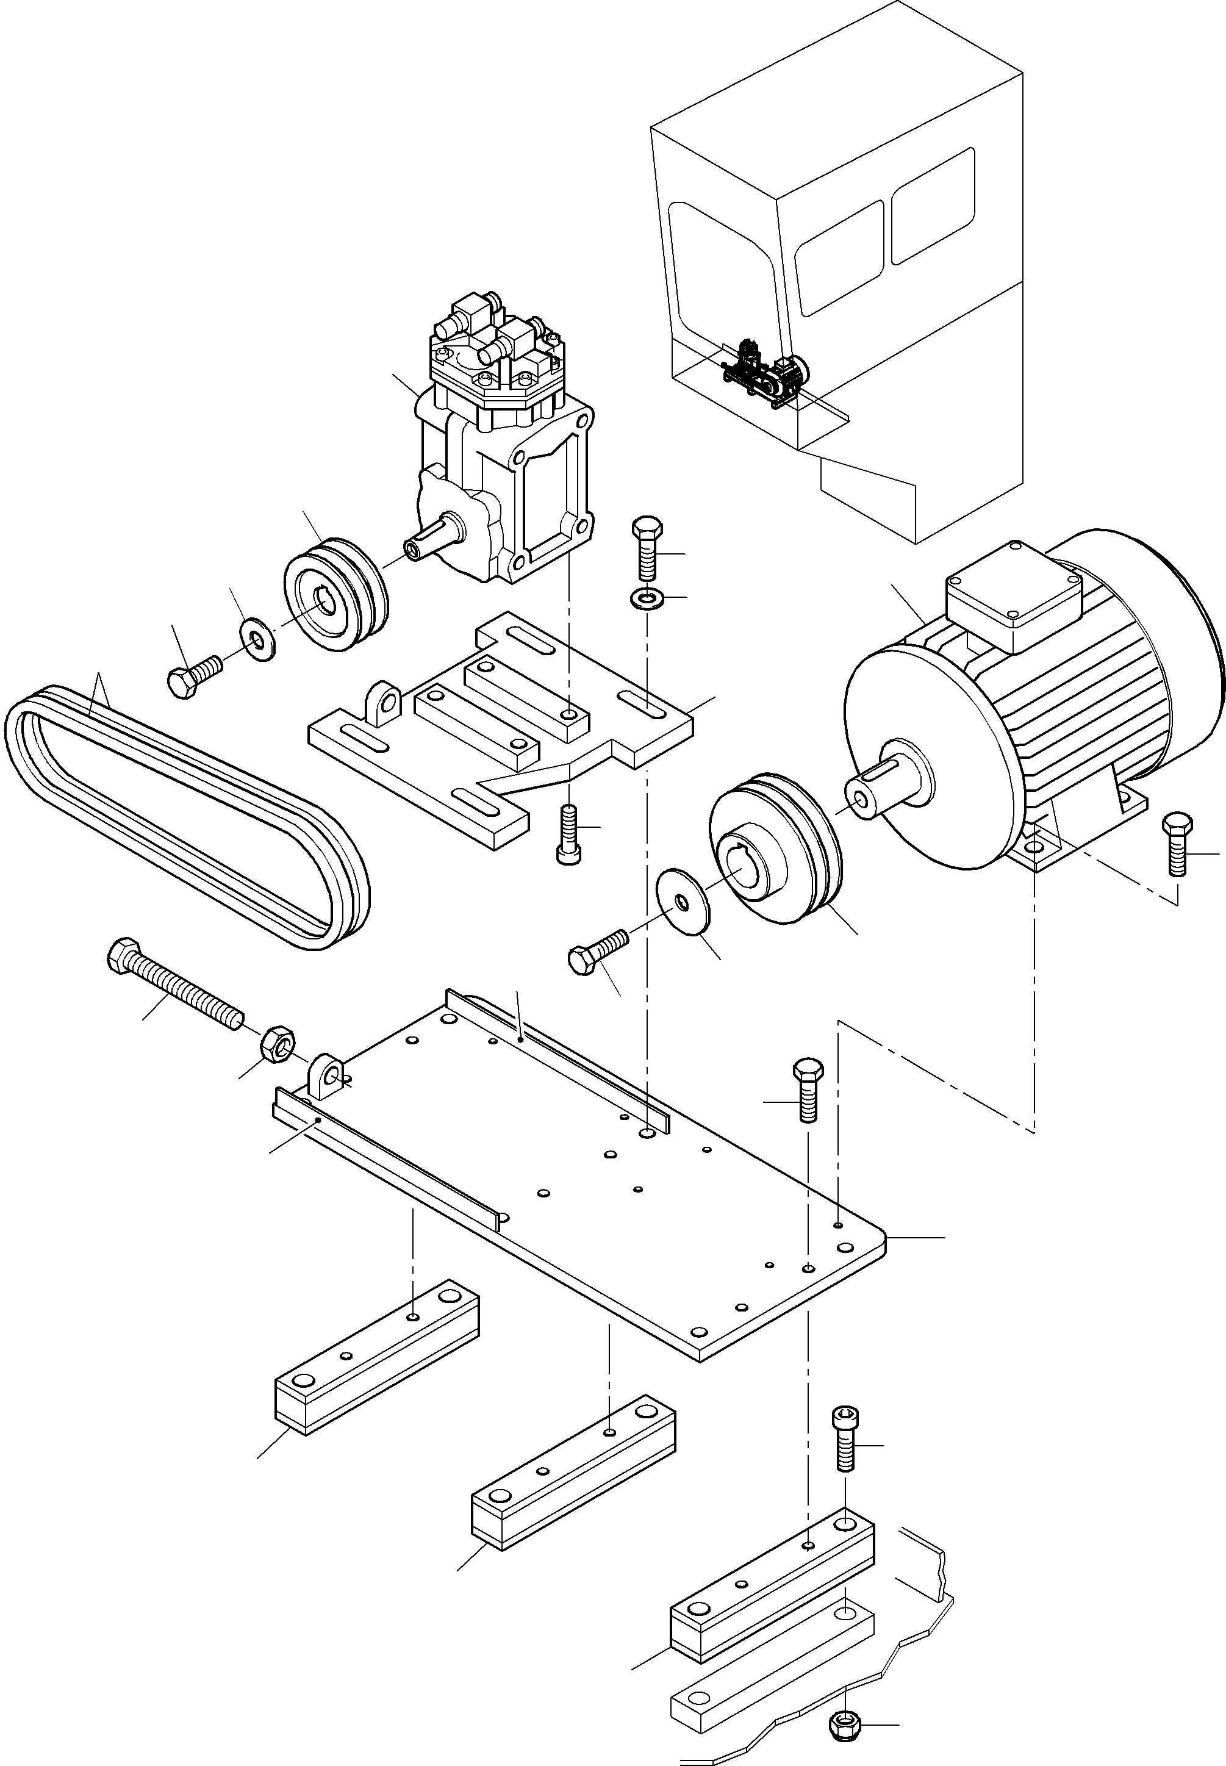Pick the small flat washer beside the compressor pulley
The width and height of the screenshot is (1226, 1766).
coord(258,637)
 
